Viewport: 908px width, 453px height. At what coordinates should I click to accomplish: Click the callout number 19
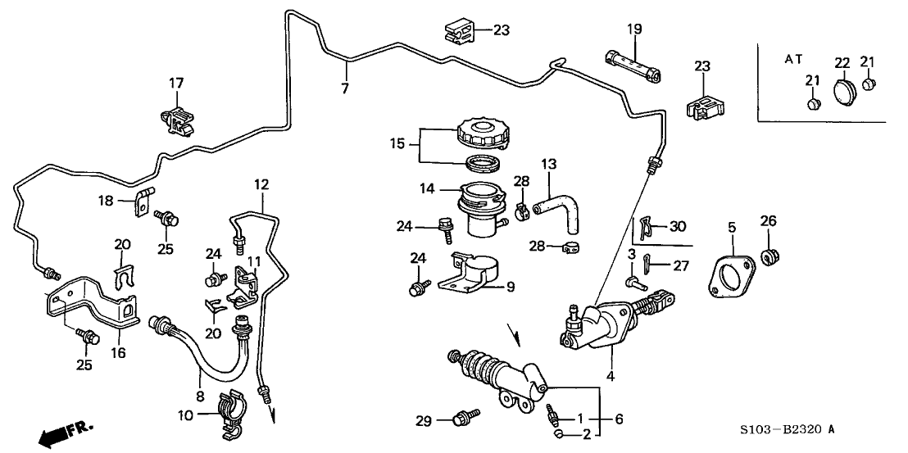[634, 30]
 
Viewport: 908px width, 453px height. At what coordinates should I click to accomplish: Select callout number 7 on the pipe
[345, 87]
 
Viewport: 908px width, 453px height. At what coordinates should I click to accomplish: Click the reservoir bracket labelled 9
[474, 276]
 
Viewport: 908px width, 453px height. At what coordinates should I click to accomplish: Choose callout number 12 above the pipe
[260, 184]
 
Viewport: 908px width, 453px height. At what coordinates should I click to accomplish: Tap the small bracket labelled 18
[145, 199]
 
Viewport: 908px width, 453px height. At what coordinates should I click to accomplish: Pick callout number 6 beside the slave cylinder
[619, 419]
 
